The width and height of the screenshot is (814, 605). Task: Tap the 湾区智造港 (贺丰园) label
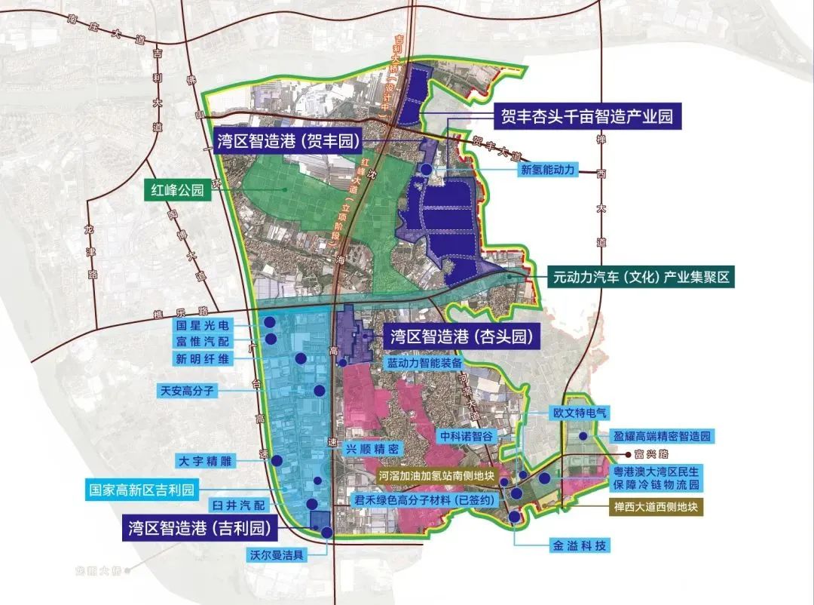(x=286, y=140)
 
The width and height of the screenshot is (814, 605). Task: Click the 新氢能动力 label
(x=548, y=170)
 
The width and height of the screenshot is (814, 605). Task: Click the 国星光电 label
(x=203, y=326)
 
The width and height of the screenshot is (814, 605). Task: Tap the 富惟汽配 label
(x=203, y=342)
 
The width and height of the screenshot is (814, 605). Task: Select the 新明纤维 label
(x=203, y=359)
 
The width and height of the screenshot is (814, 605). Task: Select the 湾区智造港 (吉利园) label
(x=199, y=527)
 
